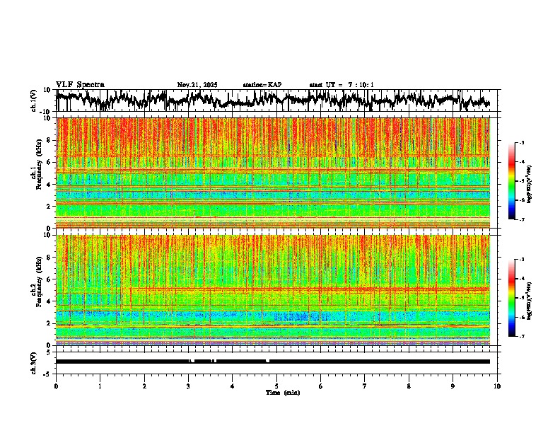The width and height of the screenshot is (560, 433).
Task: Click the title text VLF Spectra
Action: tap(80, 84)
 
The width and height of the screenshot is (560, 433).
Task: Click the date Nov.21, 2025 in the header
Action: tap(197, 85)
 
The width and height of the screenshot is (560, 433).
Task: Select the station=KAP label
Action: tap(262, 85)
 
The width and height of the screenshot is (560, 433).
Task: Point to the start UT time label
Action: tap(342, 85)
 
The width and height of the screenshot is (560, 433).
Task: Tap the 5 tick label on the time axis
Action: tap(276, 386)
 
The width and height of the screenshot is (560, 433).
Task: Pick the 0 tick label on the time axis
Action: tap(56, 386)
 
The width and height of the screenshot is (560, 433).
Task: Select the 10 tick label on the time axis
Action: tap(497, 386)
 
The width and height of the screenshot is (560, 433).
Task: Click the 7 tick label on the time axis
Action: tap(365, 386)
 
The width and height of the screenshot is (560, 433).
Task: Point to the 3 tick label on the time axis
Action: tap(188, 386)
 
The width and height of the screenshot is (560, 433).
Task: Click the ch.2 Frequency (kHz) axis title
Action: tap(37, 289)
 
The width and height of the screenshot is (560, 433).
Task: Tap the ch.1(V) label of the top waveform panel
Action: tap(34, 100)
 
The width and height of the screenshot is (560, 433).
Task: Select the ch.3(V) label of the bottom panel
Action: tap(34, 362)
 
